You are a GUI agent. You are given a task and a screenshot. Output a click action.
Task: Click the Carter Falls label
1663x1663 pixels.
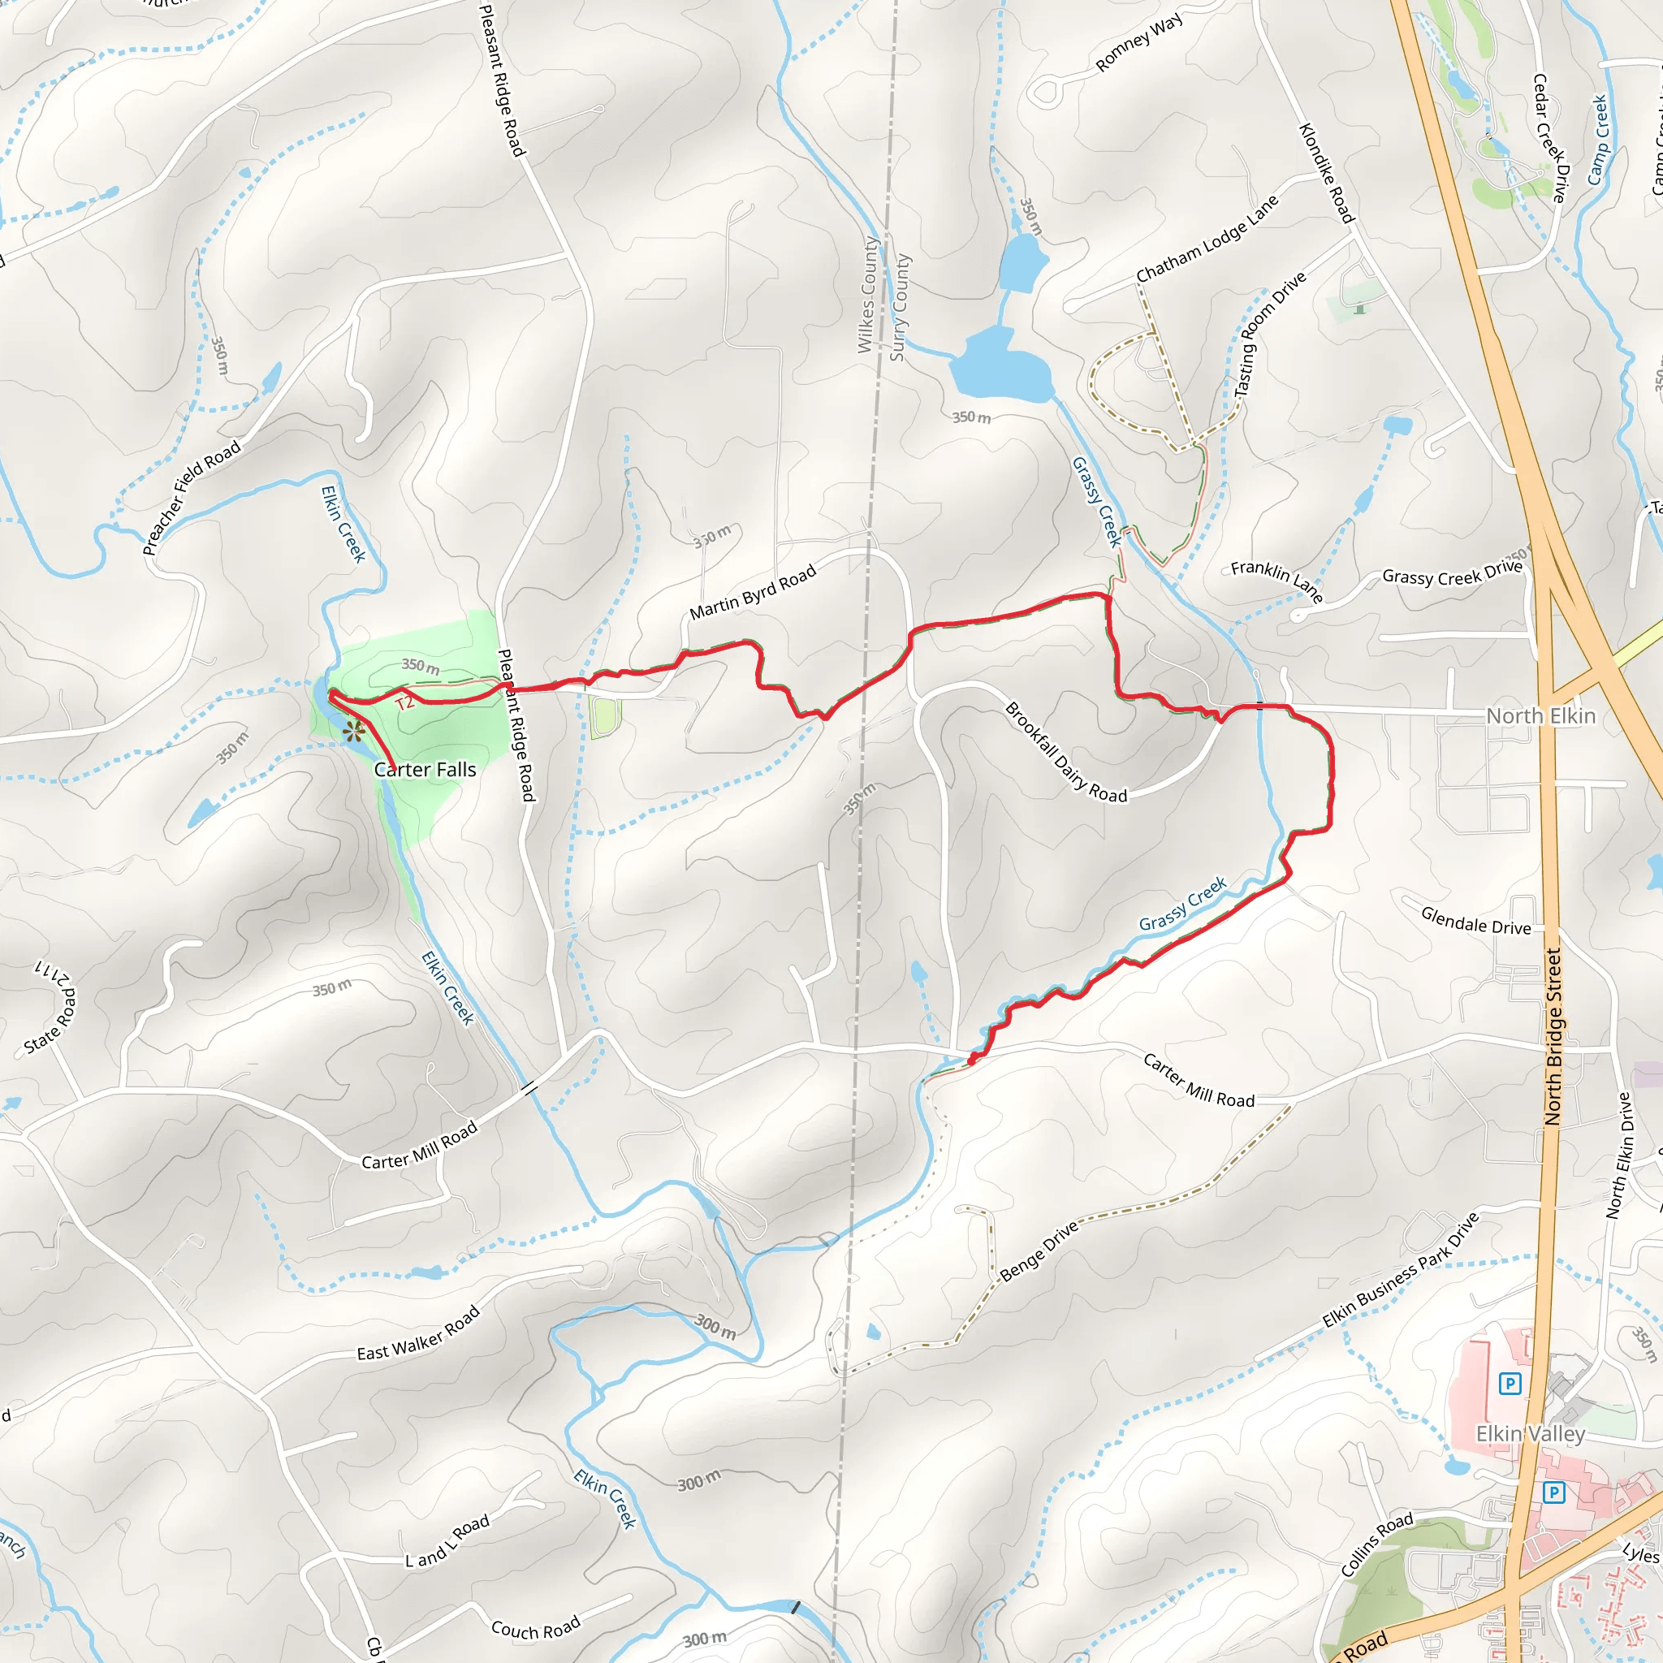425,770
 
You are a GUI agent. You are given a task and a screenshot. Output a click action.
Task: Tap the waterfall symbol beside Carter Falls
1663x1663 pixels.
354,732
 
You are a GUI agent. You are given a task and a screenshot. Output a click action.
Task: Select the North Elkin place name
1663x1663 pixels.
1540,716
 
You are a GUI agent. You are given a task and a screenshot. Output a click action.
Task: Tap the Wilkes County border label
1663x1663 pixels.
868,295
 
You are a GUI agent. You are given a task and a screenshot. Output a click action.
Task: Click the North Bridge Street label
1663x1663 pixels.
1553,1036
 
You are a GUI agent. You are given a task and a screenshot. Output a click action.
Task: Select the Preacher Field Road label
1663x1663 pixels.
191,499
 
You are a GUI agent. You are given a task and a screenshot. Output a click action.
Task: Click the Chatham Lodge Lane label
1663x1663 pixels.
1207,240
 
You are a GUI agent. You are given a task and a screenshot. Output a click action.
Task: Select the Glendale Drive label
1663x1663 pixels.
1475,920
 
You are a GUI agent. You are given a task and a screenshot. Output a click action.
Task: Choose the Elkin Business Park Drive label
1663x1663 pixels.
1401,1270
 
